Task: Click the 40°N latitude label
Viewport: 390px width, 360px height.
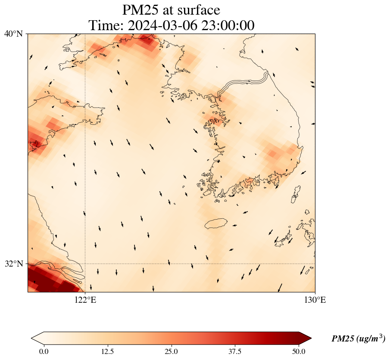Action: pyautogui.click(x=13, y=34)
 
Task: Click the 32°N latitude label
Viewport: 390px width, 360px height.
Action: pyautogui.click(x=13, y=264)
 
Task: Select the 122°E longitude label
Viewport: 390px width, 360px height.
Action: pyautogui.click(x=85, y=300)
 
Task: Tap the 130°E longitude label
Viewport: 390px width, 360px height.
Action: pyautogui.click(x=315, y=300)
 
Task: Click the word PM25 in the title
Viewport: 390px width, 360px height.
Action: pyautogui.click(x=142, y=10)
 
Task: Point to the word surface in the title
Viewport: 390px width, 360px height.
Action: pyautogui.click(x=199, y=10)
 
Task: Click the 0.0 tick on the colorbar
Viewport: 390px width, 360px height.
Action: pyautogui.click(x=44, y=351)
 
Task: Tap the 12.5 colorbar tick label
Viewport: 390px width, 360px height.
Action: pyautogui.click(x=107, y=351)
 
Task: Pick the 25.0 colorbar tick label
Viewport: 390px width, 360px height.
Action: pyautogui.click(x=171, y=351)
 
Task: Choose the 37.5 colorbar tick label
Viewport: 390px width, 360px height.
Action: pyautogui.click(x=235, y=351)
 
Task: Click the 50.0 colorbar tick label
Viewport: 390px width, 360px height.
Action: pyautogui.click(x=299, y=351)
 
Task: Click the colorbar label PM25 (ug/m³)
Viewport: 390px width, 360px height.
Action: pyautogui.click(x=358, y=339)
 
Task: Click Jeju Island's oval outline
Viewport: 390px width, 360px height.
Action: pyautogui.click(x=216, y=223)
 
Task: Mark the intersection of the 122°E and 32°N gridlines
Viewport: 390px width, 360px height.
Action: pyautogui.click(x=85, y=264)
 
